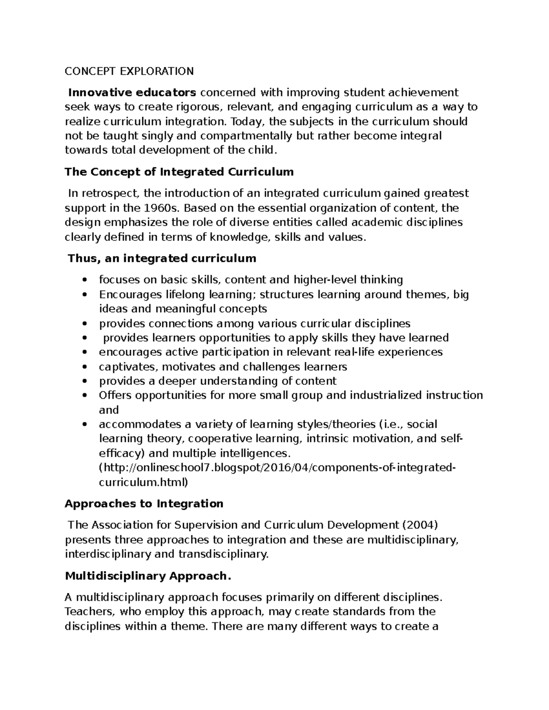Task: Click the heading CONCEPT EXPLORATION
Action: click(x=129, y=71)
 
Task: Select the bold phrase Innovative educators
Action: click(x=132, y=92)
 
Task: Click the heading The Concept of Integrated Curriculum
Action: click(x=179, y=172)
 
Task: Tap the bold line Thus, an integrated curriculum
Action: click(x=162, y=258)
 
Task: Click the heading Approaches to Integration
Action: click(x=144, y=503)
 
